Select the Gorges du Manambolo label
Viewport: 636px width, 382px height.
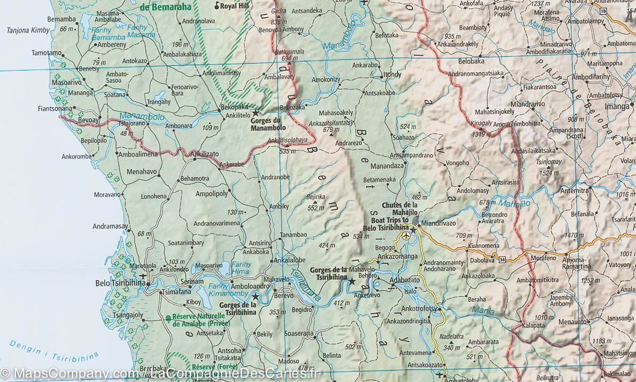pyautogui.click(x=268, y=124)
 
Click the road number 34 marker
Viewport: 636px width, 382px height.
pyautogui.click(x=501, y=259)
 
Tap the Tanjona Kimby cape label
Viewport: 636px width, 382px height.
pyautogui.click(x=27, y=30)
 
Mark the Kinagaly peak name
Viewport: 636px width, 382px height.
pyautogui.click(x=481, y=124)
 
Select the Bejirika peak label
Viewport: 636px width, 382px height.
pyautogui.click(x=316, y=196)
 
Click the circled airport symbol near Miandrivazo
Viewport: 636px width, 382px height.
pyautogui.click(x=406, y=235)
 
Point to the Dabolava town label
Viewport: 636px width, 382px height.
pyautogui.click(x=481, y=260)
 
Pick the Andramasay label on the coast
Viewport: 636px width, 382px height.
pyautogui.click(x=110, y=226)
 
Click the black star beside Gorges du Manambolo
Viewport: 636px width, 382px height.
pyautogui.click(x=256, y=114)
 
